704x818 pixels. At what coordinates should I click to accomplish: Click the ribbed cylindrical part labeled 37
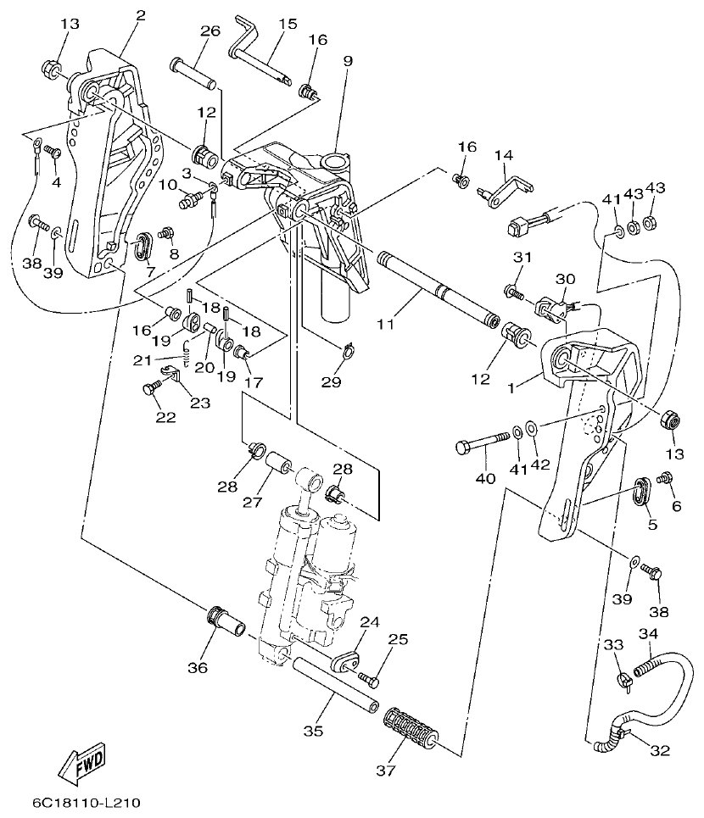(411, 730)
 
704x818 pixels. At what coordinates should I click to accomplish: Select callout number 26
(210, 31)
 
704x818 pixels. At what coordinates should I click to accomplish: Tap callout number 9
(347, 61)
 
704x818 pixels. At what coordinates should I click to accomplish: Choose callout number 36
(198, 668)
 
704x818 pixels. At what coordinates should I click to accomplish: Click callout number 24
(368, 621)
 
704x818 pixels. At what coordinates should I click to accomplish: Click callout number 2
(140, 15)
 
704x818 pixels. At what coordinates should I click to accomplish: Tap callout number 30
(565, 279)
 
